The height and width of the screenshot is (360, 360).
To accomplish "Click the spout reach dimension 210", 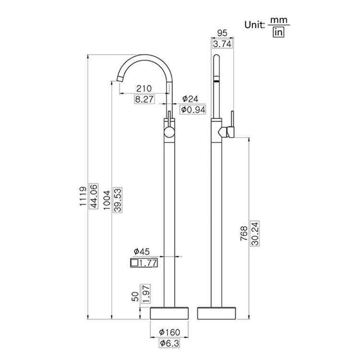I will (144, 88).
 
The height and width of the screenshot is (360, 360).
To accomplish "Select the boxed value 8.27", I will (144, 99).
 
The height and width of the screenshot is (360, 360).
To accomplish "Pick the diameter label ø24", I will (190, 99).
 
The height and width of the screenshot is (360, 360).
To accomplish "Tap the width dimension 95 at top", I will (222, 33).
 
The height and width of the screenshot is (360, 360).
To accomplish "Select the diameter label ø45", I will (143, 251).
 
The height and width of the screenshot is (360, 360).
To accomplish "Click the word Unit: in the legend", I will (256, 25).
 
